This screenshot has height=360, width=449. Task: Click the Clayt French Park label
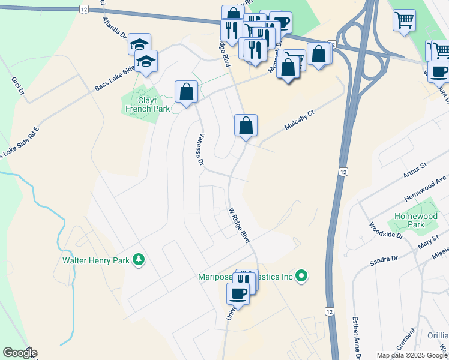[x=141, y=104]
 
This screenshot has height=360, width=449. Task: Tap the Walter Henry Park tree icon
[x=139, y=259]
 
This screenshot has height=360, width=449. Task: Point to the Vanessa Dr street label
[x=200, y=149]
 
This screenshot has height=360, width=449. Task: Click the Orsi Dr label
[x=17, y=86]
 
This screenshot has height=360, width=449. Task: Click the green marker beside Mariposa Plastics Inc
[x=302, y=277]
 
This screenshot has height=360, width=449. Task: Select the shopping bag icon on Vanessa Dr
[x=186, y=92]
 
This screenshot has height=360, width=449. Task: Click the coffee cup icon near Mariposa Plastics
[x=238, y=293]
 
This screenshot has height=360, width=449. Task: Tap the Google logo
[x=19, y=353]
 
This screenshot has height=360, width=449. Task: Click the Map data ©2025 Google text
[x=412, y=355]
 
